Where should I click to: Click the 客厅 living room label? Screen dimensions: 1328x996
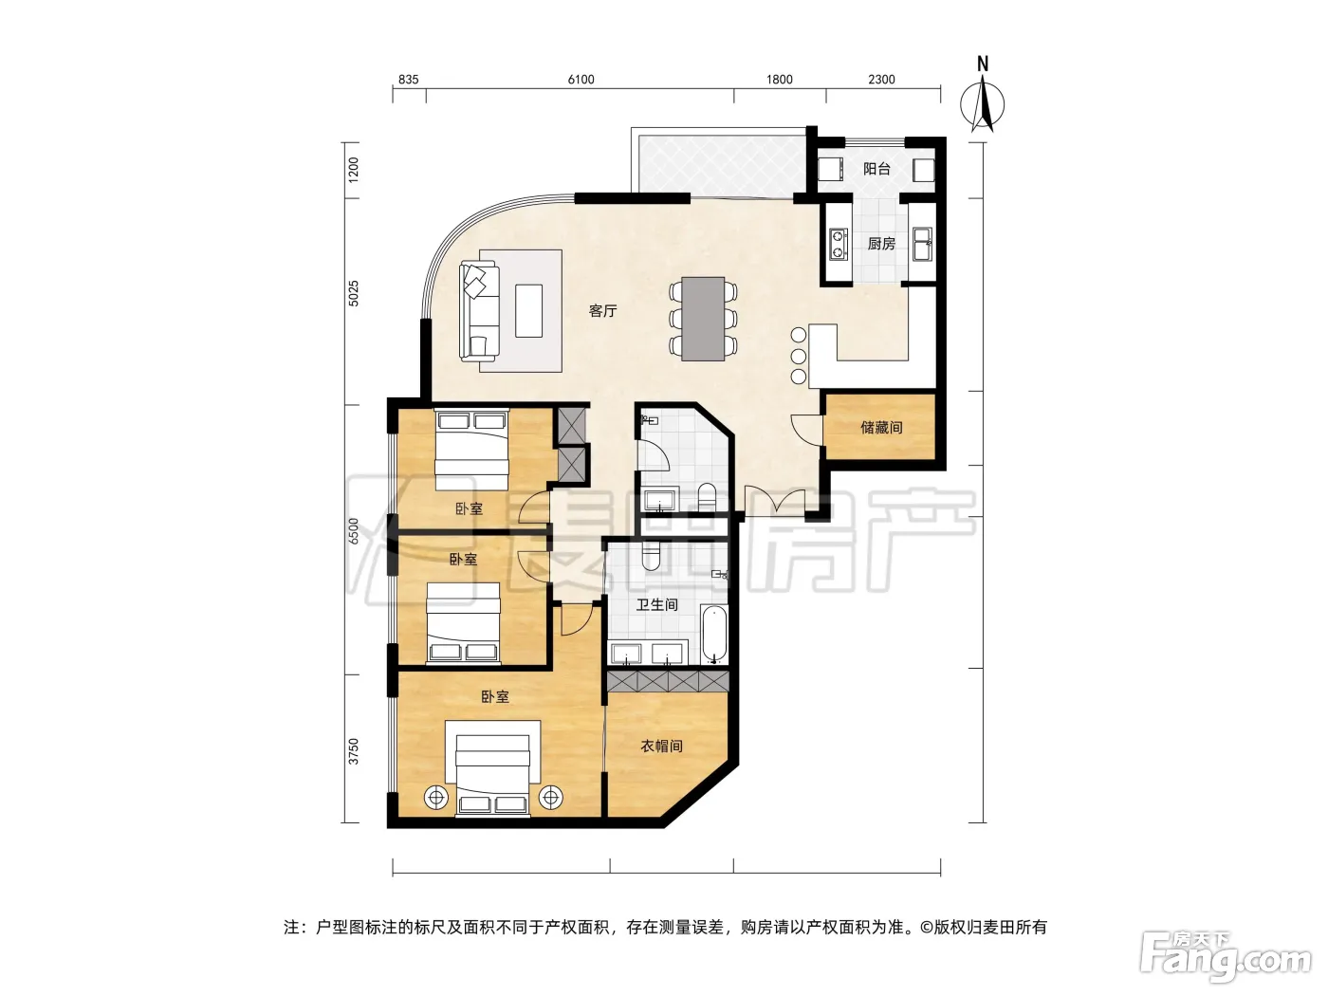(602, 311)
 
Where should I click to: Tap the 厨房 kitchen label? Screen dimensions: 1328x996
(881, 244)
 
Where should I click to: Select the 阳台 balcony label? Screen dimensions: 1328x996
(876, 169)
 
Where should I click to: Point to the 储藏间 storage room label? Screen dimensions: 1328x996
(881, 428)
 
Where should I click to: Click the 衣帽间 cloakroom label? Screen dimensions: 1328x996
(661, 747)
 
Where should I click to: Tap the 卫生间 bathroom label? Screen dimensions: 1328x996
(657, 605)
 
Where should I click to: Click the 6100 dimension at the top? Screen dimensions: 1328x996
(581, 80)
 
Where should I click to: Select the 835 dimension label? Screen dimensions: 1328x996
(409, 80)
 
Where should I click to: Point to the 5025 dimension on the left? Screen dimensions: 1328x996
(353, 293)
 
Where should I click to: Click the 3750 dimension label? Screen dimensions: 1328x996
(353, 750)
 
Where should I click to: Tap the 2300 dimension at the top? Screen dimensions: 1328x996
(881, 80)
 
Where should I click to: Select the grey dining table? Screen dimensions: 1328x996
(703, 320)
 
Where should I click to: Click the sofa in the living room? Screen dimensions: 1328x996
(479, 310)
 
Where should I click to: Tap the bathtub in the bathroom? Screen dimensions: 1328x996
(714, 634)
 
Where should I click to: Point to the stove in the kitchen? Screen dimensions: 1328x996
(838, 243)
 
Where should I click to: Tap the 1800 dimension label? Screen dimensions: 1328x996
(780, 80)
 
